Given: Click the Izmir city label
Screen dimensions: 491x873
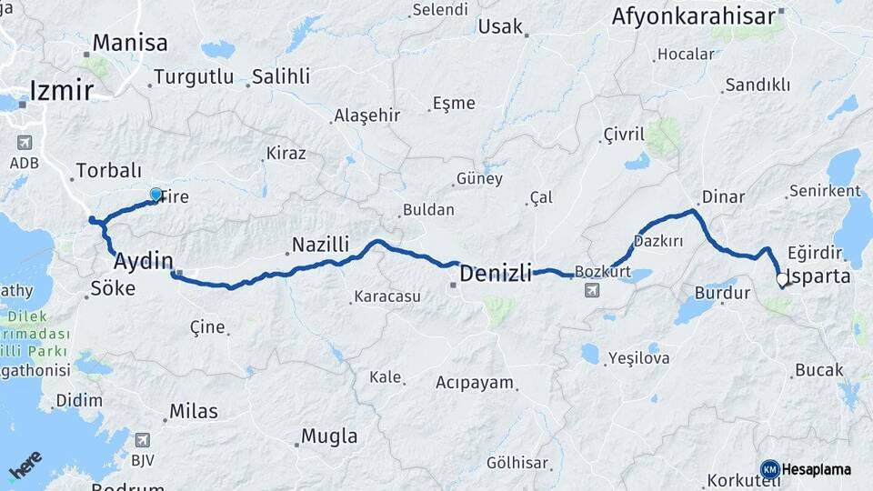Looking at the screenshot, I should coord(62,90).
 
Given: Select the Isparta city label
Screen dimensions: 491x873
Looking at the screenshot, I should coord(820,276).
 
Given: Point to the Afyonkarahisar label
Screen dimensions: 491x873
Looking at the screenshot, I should coord(693,16).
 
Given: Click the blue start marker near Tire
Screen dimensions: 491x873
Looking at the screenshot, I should coord(156,195).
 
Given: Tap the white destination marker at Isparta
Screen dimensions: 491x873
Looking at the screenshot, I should coord(781,280).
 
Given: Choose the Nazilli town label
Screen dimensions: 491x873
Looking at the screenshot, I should coord(320,244).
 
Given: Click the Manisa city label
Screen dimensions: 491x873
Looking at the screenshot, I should coord(130,43).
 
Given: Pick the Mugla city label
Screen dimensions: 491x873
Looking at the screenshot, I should coord(328,436).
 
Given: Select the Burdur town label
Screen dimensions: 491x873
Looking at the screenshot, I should coord(722,293).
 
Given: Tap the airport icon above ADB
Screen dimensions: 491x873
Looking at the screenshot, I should coord(24,143).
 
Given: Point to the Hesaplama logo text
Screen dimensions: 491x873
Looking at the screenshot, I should coord(818,469).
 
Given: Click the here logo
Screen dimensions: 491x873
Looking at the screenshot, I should coord(25,466).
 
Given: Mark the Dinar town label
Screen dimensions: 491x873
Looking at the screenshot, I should coord(723,197).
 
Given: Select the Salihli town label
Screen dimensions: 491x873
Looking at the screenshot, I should coord(281,76).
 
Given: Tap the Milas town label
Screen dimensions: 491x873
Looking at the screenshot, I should coord(194,411).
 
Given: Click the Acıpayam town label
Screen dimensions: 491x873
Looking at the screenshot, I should coord(475,382).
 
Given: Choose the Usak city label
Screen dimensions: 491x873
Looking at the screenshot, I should coord(500,25).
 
